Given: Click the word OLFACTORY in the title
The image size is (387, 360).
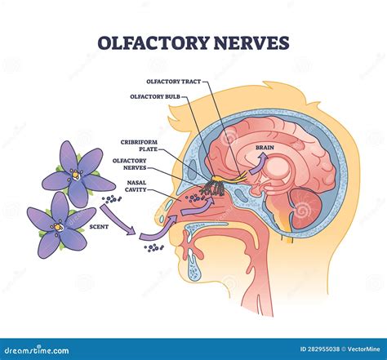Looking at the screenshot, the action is click(x=153, y=42).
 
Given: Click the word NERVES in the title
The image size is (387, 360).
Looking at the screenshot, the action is click(x=251, y=42).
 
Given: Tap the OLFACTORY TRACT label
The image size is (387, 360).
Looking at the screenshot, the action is click(x=174, y=82).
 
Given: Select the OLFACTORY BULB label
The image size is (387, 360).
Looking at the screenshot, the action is click(x=155, y=96).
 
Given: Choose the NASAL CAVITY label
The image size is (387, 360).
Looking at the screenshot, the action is click(x=136, y=186).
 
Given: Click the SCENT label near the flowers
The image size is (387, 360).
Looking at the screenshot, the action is click(x=99, y=226).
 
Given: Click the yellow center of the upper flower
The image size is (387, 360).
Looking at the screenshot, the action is click(x=75, y=174).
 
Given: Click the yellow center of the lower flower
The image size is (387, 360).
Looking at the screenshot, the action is click(x=57, y=227).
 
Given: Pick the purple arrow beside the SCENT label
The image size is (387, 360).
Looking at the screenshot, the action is click(x=118, y=220).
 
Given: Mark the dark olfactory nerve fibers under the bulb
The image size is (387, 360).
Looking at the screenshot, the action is click(x=213, y=189).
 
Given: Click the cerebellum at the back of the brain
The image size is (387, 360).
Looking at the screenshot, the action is click(x=305, y=208).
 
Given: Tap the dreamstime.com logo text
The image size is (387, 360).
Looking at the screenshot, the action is click(x=37, y=350).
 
